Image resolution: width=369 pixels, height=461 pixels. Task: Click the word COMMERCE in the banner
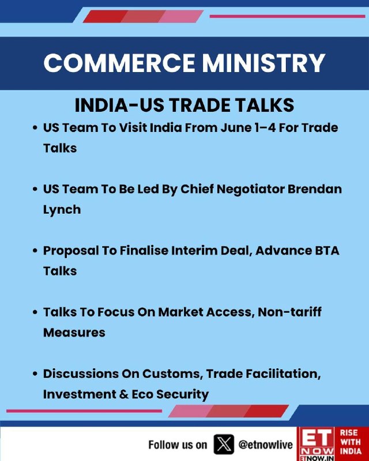[119, 63]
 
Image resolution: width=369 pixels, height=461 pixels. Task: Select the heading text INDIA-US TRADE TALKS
[184, 105]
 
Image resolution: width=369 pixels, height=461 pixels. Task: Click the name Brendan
[315, 189]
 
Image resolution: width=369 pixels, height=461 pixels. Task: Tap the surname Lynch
[62, 210]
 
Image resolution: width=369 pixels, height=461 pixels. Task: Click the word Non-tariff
[289, 312]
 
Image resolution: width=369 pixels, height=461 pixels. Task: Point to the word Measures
[74, 333]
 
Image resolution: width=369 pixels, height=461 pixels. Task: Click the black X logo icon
[224, 444]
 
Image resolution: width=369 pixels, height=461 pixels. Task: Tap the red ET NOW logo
[317, 444]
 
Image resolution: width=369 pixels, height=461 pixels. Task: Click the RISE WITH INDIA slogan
[351, 442]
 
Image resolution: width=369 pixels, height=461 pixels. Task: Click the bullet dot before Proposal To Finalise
[35, 251]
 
